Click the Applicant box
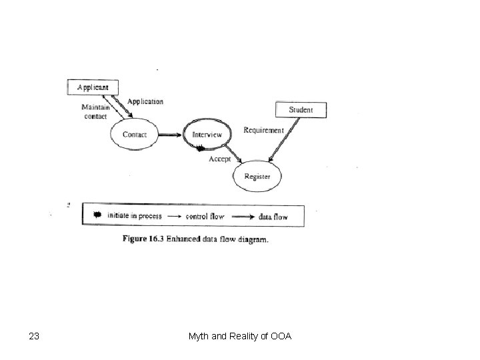pyautogui.click(x=93, y=87)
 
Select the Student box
pyautogui.click(x=301, y=109)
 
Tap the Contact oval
pyautogui.click(x=135, y=135)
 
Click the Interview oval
pyautogui.click(x=207, y=135)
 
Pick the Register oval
pyautogui.click(x=257, y=176)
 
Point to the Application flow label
pyautogui.click(x=145, y=101)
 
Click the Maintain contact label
pyautogui.click(x=95, y=111)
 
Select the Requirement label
pyautogui.click(x=263, y=130)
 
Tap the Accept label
pyautogui.click(x=220, y=159)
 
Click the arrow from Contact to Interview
pyautogui.click(x=171, y=135)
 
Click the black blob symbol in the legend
pyautogui.click(x=98, y=215)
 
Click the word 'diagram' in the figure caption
pyautogui.click(x=253, y=239)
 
